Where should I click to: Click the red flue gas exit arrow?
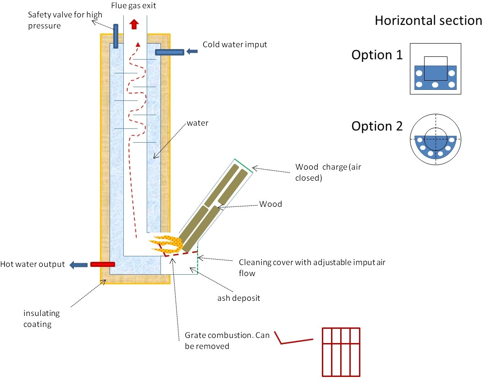click(x=134, y=24)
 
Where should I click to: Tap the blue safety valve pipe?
click(x=116, y=36)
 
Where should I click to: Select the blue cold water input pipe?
click(x=170, y=52)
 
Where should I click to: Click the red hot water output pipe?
click(x=103, y=265)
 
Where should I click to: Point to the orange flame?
click(x=166, y=244)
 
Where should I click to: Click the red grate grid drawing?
click(x=341, y=352)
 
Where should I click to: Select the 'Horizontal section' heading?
click(x=428, y=21)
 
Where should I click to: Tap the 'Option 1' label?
click(x=377, y=55)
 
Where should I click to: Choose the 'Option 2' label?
click(x=377, y=126)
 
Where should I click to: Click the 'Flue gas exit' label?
click(x=133, y=6)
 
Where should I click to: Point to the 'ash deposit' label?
click(x=239, y=298)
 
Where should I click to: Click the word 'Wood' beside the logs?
click(x=271, y=204)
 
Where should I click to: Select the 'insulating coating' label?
click(x=42, y=318)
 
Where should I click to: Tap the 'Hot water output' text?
click(x=33, y=264)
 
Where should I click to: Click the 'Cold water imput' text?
click(x=235, y=44)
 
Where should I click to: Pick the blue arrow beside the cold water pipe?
click(x=192, y=51)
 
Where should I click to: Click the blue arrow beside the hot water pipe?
click(x=78, y=265)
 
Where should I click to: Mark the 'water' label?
click(x=198, y=123)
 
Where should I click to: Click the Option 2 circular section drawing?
click(x=436, y=139)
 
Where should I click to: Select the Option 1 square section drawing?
click(x=436, y=69)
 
